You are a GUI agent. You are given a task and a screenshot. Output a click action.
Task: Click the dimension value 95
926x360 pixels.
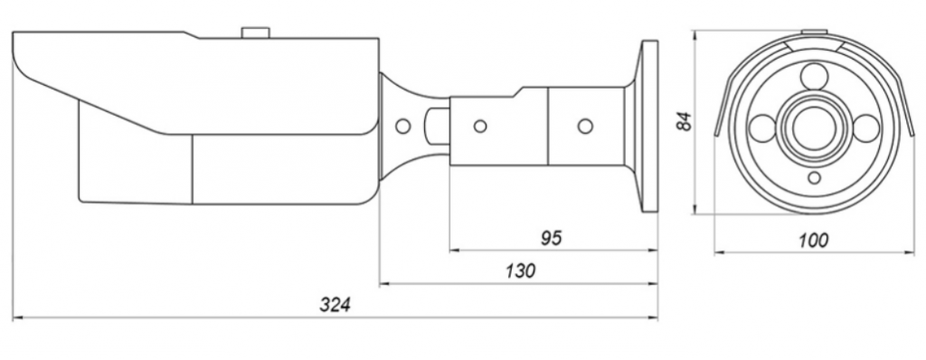tap(552, 238)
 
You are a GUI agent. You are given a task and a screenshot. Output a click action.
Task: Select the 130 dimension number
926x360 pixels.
tap(520, 270)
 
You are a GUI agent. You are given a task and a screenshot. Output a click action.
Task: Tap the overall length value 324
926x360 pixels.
tap(335, 305)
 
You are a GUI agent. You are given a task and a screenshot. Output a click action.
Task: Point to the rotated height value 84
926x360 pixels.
tap(684, 122)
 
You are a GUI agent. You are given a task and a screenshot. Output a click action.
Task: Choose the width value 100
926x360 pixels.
tap(813, 242)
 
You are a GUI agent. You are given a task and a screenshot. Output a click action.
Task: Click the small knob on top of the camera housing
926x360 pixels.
tap(256, 33)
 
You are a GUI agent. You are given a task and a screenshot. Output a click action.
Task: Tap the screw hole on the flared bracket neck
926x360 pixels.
tap(402, 126)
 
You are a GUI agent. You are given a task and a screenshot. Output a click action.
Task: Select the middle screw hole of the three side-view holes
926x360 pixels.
tap(481, 126)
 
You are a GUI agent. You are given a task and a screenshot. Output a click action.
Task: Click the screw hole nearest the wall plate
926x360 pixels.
tap(585, 126)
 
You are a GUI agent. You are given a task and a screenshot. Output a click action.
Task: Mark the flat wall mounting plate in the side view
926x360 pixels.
tap(649, 126)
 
